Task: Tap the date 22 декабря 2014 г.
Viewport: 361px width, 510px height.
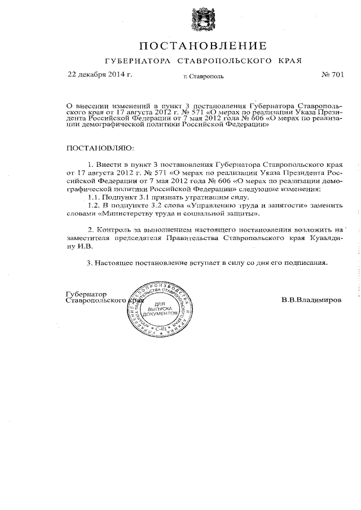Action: pyautogui.click(x=100, y=74)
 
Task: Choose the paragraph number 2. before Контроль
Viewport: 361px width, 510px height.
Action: pyautogui.click(x=91, y=230)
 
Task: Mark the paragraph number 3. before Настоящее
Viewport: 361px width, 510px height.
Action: pyautogui.click(x=90, y=263)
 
